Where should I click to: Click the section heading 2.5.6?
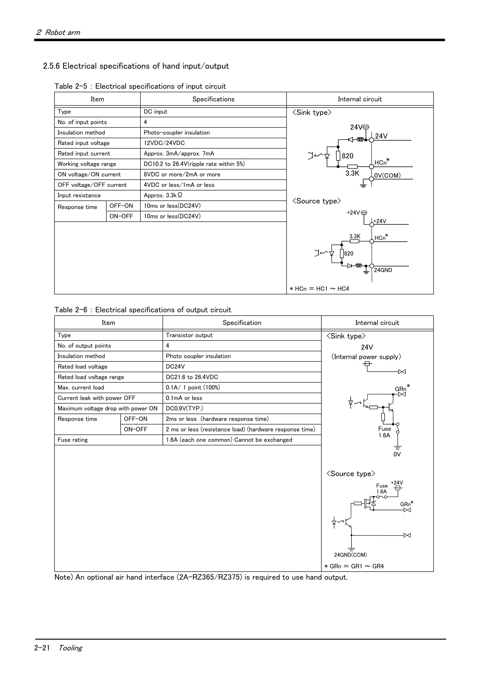(x=136, y=66)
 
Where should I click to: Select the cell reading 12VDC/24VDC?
(x=164, y=143)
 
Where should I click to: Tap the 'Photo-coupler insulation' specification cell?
(x=177, y=133)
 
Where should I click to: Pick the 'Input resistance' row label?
(x=79, y=196)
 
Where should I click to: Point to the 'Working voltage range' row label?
(x=87, y=164)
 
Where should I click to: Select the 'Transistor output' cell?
(x=189, y=335)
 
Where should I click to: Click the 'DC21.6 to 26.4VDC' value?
(x=192, y=377)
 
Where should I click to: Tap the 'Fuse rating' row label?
(x=73, y=440)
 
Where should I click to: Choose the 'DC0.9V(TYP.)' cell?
(x=184, y=408)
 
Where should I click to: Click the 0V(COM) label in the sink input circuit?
(x=387, y=176)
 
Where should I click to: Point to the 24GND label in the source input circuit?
(x=383, y=270)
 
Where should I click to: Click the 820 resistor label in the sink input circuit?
(x=347, y=156)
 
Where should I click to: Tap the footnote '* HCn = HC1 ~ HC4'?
(x=319, y=289)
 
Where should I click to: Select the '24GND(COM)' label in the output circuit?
(x=350, y=555)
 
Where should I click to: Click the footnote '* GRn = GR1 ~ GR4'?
(x=354, y=566)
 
